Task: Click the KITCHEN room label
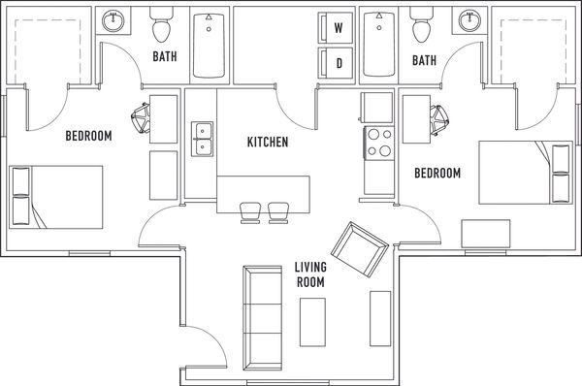click(268, 142)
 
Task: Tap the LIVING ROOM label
click(310, 274)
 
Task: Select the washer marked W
click(336, 28)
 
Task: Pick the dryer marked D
click(336, 63)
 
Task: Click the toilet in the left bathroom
click(161, 24)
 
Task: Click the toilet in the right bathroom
click(421, 24)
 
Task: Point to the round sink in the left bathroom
click(113, 20)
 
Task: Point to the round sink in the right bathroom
click(469, 20)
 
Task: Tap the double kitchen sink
click(203, 139)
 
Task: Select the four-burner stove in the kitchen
click(379, 143)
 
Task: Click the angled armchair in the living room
click(360, 249)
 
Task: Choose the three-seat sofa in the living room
click(263, 318)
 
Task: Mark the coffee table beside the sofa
click(312, 322)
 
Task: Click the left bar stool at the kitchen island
click(250, 212)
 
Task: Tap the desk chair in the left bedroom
click(141, 118)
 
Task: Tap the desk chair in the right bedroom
click(439, 120)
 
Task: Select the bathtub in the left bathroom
click(209, 46)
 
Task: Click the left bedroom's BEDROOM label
click(88, 136)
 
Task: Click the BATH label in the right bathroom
click(424, 60)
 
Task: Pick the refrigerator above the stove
click(376, 108)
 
